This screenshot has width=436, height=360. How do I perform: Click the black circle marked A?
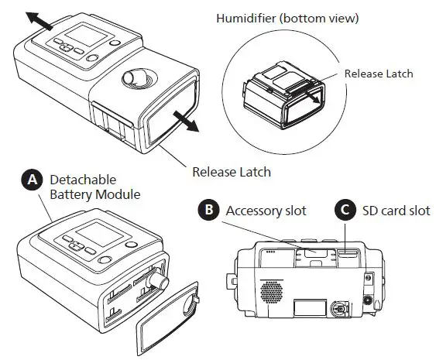(32, 180)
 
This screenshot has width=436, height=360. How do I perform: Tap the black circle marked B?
(208, 210)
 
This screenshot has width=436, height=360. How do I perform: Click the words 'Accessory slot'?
(266, 210)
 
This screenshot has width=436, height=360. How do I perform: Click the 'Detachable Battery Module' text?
(94, 187)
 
